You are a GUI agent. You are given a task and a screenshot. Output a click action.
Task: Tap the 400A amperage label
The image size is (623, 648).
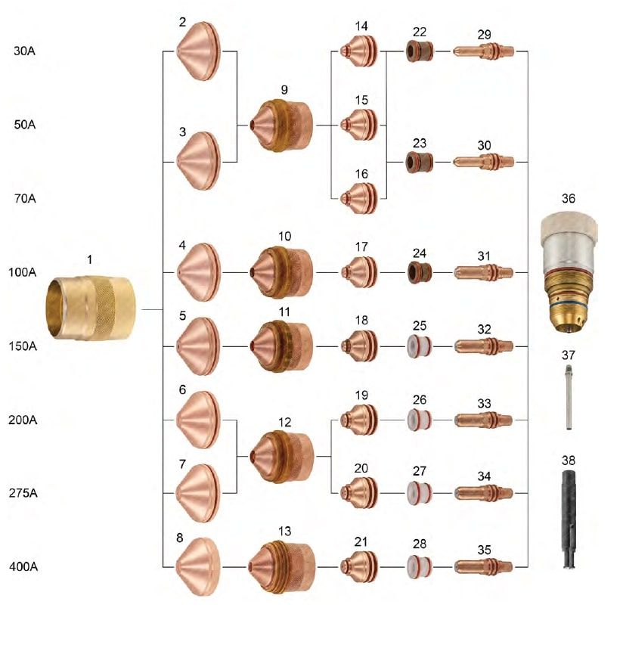coord(29,566)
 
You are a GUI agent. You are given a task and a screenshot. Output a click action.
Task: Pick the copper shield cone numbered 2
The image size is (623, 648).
coord(199,51)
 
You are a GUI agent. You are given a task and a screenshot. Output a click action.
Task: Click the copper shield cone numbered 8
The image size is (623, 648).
coord(198,566)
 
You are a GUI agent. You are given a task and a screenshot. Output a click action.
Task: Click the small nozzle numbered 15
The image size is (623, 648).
coord(361,124)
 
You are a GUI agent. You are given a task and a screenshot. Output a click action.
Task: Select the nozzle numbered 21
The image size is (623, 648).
coord(361,566)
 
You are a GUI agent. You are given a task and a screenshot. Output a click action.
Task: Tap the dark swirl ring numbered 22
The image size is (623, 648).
coord(420,51)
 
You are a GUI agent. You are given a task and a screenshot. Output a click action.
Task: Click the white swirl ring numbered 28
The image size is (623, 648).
coord(420,566)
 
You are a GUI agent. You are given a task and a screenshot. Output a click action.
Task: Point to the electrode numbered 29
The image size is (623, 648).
coord(484,51)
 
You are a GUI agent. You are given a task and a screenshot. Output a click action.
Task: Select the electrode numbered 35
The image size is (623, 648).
coord(484,566)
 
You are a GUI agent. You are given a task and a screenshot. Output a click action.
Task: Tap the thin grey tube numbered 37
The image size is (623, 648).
coord(568,398)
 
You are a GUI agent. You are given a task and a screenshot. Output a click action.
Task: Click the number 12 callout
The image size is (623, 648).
coord(284,420)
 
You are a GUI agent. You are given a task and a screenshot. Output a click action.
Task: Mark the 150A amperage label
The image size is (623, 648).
coord(29,346)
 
